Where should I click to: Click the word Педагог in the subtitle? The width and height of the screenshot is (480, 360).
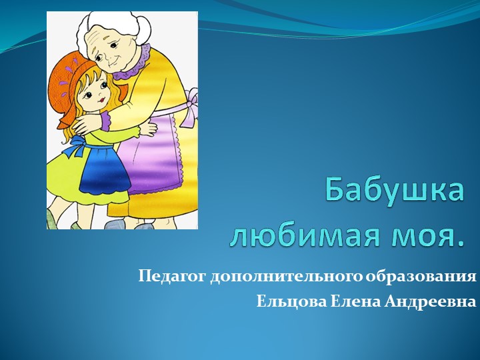pos(173,276)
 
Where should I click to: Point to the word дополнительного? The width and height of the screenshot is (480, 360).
pos(286,276)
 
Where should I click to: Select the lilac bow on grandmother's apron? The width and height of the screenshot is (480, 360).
pos(191,107)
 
